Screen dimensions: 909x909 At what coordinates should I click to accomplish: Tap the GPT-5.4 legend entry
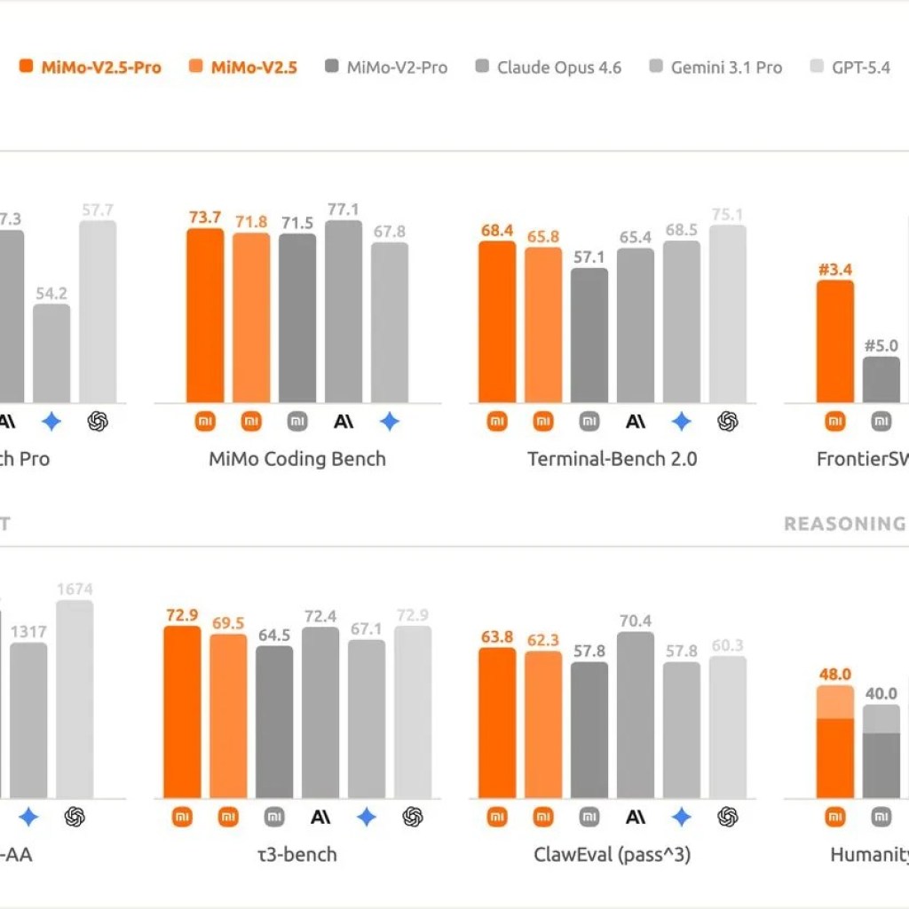858,67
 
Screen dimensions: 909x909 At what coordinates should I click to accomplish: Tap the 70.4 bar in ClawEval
636,715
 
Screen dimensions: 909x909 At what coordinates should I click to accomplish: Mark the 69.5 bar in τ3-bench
228,715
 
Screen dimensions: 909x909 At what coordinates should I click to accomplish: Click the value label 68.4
497,231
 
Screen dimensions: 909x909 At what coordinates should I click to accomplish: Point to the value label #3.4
834,269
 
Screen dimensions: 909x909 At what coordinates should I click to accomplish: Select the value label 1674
75,589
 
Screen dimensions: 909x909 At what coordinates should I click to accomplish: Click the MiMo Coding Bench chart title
297,460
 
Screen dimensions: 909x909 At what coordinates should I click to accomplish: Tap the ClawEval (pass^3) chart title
613,856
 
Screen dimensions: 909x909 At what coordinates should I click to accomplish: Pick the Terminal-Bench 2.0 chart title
613,460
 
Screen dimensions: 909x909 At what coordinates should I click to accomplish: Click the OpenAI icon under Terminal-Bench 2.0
728,422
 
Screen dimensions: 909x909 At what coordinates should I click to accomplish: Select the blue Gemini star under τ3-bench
367,818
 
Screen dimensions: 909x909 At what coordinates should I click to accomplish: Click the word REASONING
843,525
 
